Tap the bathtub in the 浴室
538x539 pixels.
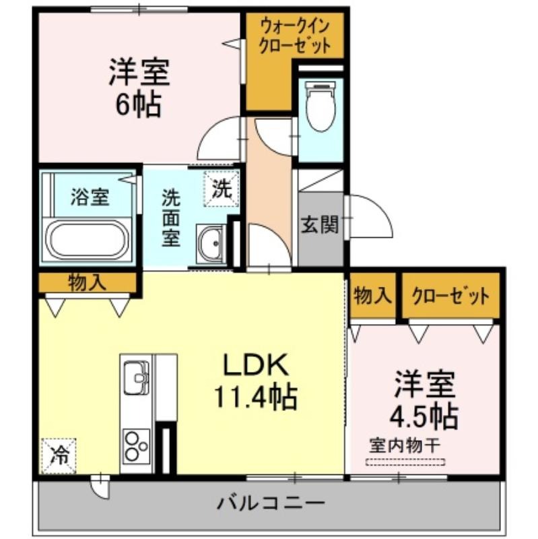88,241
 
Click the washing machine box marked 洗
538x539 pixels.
222,189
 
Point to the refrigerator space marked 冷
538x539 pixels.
59,456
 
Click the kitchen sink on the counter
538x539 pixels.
137,377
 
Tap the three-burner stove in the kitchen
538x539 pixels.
137,446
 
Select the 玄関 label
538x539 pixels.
320,224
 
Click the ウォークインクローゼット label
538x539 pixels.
295,36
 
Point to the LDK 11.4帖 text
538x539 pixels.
256,381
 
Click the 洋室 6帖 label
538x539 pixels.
139,88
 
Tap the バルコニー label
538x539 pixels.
271,503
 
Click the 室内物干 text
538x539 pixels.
405,446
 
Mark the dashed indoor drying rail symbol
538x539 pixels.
405,462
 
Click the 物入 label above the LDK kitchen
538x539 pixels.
88,282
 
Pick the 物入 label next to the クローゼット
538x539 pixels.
373,295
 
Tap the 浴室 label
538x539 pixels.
90,197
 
